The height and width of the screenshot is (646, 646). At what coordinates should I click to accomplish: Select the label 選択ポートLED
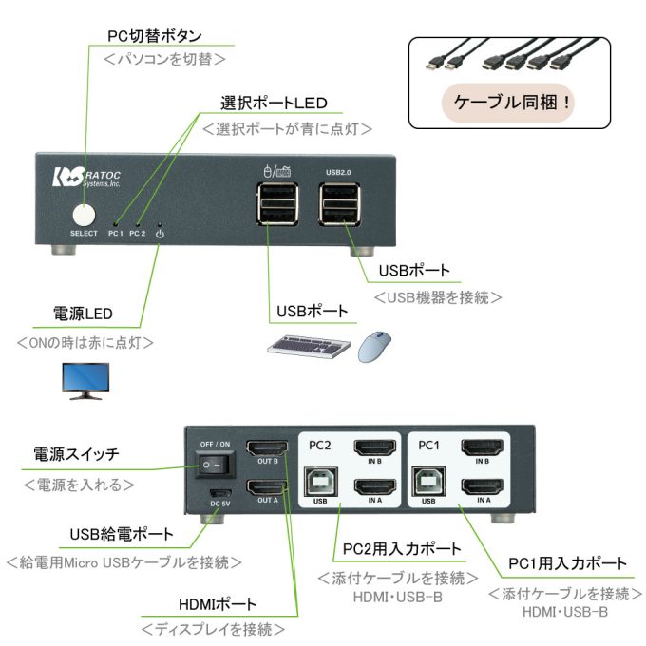pyautogui.click(x=274, y=104)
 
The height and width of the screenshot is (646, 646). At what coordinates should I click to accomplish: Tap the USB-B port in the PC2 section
pyautogui.click(x=321, y=482)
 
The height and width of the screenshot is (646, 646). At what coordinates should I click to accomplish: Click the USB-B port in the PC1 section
pyautogui.click(x=427, y=482)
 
